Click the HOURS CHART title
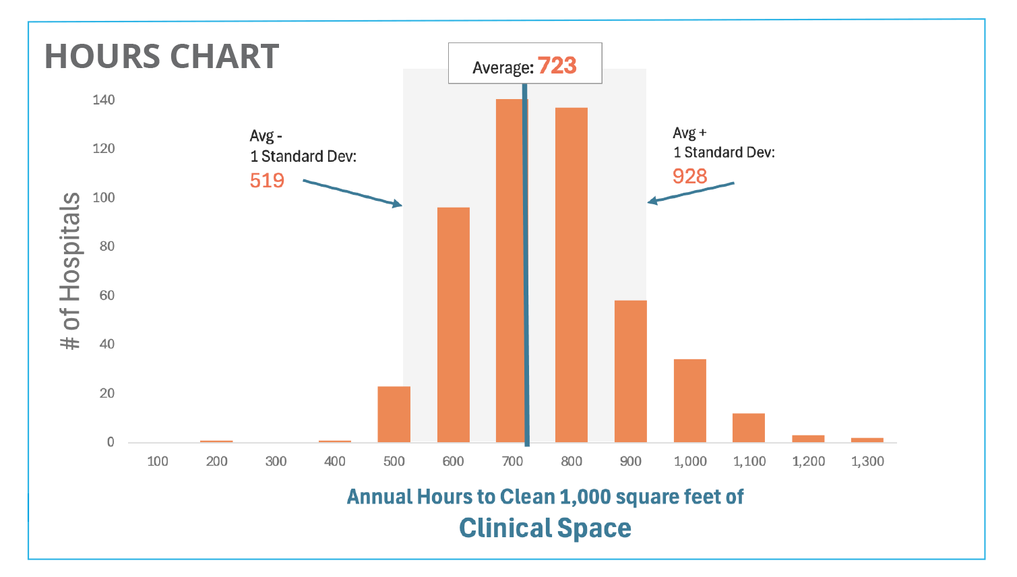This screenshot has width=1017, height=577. (x=162, y=57)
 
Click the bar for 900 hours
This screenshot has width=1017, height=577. (x=630, y=371)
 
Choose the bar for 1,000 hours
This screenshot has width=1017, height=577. (x=689, y=400)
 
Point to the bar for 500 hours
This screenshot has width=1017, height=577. (x=394, y=414)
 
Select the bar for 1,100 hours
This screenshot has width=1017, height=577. (x=748, y=427)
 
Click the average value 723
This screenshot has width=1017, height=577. (x=557, y=65)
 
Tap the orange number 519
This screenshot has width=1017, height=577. (x=267, y=181)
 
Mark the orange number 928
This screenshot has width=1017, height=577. (x=689, y=176)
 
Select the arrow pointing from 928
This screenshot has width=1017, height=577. (x=691, y=192)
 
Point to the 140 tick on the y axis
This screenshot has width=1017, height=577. (x=104, y=100)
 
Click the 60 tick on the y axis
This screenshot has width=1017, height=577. (x=106, y=295)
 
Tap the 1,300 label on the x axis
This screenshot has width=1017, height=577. (x=867, y=462)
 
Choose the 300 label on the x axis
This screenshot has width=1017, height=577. (x=276, y=462)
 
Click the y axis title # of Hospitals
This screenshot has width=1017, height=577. (x=70, y=271)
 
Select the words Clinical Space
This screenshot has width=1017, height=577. (x=545, y=528)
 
